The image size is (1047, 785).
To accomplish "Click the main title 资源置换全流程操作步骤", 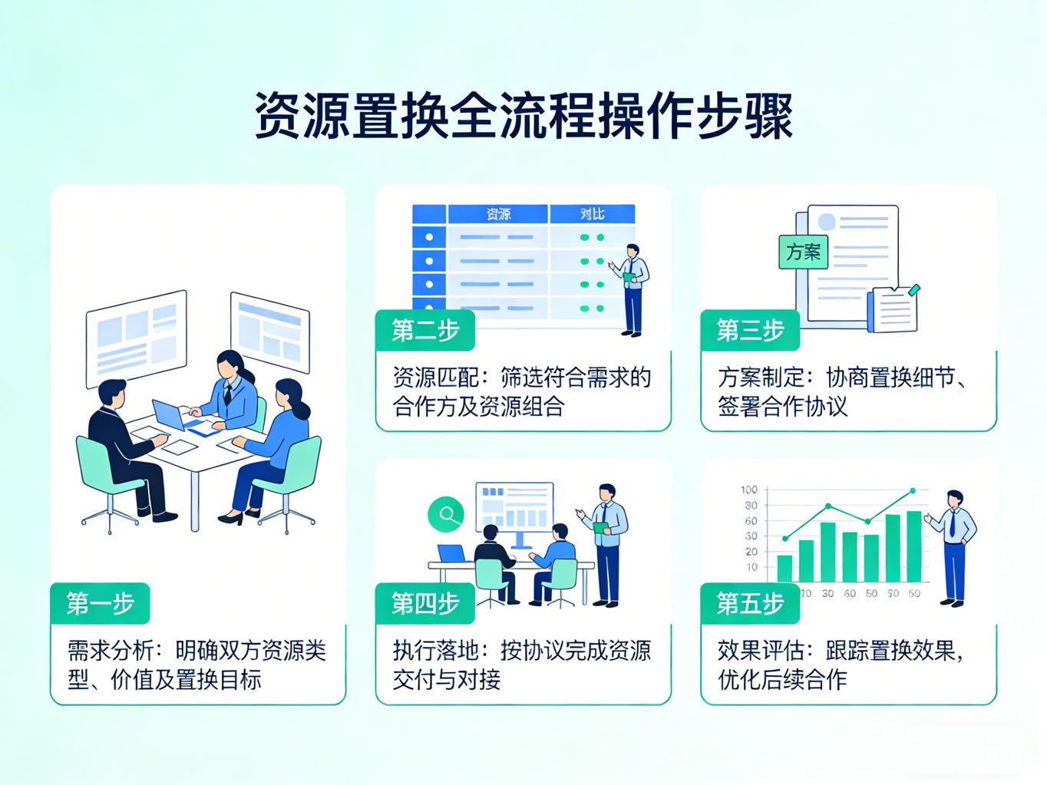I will [523, 117].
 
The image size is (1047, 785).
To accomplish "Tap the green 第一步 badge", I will [100, 604].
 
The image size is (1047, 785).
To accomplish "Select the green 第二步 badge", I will [425, 330].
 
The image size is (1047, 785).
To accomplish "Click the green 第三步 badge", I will [750, 330].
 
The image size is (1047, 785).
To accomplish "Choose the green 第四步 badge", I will [425, 604].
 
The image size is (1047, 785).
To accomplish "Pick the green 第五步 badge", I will [750, 604].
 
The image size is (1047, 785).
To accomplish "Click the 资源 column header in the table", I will [498, 214].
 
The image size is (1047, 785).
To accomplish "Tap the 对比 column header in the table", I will [592, 214].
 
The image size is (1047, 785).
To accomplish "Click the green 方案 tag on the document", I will [803, 252].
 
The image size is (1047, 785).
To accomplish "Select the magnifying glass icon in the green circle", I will [447, 514].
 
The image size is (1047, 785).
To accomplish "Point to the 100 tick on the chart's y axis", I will [749, 490].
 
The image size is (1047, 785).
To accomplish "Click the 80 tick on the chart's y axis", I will [751, 506].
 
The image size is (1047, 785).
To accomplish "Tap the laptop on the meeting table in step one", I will [170, 415].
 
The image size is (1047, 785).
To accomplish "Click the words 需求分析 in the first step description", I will [111, 651].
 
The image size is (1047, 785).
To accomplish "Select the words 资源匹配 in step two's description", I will [435, 378].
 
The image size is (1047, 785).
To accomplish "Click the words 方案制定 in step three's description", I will [761, 378].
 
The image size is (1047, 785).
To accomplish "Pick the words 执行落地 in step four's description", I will [435, 651].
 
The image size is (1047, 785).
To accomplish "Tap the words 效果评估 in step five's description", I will [761, 651].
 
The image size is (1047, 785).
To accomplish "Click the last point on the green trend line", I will [913, 490].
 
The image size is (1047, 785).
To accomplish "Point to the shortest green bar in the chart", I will [784, 568].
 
